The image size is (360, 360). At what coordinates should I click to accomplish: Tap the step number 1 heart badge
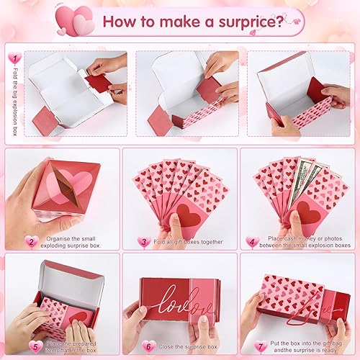(13, 56)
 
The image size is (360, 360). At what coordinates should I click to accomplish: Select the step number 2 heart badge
(30, 241)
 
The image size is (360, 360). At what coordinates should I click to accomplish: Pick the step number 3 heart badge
(144, 242)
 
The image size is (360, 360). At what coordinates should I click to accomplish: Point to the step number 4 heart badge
(252, 242)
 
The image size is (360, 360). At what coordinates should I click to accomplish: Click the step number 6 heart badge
(148, 345)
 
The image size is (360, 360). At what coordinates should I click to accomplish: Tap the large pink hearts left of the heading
(79, 22)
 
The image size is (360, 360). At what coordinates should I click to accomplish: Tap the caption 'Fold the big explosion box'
(17, 94)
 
